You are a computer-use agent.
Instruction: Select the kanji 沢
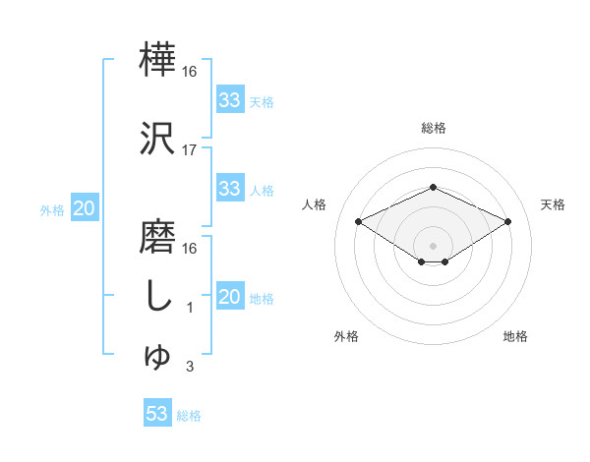pos(158,139)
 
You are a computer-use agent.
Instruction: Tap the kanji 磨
pos(158,237)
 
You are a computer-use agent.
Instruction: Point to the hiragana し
pos(158,296)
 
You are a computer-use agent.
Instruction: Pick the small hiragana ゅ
pos(158,357)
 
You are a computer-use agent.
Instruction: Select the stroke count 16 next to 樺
pos(190,72)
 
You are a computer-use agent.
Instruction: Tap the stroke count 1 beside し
pos(190,308)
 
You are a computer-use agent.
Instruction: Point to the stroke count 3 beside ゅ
pos(190,368)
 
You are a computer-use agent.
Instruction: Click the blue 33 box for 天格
pos(229,100)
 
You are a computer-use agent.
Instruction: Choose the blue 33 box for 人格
pos(229,189)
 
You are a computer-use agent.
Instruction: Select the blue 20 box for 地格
pos(229,298)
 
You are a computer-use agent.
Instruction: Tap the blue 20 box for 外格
pos(85,208)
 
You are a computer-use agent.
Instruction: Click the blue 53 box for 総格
pos(157,414)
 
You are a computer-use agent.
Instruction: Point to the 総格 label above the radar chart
pos(433,128)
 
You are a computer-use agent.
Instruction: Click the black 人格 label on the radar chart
pos(315,204)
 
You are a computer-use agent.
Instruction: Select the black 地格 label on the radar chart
pos(515,336)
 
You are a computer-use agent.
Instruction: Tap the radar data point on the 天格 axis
pos(507,221)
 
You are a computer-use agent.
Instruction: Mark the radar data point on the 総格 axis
pos(433,187)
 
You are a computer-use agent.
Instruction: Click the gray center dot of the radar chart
pos(433,244)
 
